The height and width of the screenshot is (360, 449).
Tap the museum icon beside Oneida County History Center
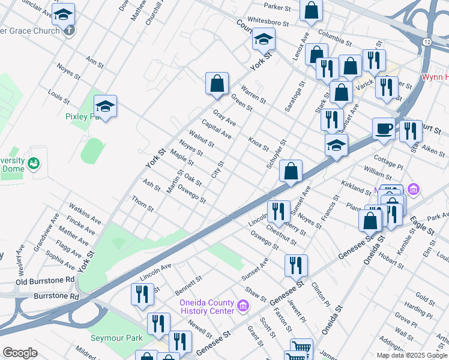point(243,307)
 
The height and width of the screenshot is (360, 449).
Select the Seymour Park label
point(116,338)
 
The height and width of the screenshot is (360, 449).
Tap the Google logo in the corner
point(20,353)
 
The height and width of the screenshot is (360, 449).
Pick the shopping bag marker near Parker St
point(311,10)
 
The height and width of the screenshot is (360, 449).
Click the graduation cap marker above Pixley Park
point(105,107)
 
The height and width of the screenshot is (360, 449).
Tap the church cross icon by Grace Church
point(69,30)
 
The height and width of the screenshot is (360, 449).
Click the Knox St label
point(258,143)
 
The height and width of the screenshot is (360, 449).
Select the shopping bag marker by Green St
point(217,83)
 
